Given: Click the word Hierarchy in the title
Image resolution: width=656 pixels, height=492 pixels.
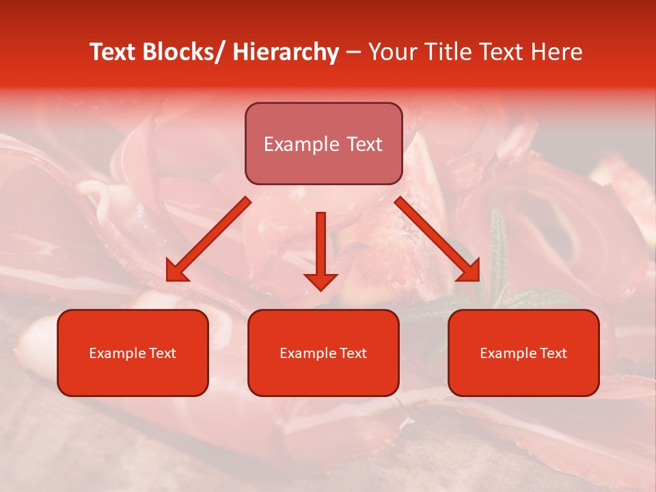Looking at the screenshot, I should pos(286,53).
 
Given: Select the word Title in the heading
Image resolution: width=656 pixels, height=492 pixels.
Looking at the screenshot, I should pos(443,53).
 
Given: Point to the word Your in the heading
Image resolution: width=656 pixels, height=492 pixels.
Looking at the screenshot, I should pos(393,53).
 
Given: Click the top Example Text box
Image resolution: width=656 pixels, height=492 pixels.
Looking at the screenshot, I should pos(323,144).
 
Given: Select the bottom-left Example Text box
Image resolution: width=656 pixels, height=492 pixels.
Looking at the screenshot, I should pos(133,353).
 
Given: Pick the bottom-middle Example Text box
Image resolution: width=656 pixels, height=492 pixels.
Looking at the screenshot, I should pos(323,353).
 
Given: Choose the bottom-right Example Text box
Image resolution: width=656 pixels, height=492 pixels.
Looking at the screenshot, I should pos(523,353).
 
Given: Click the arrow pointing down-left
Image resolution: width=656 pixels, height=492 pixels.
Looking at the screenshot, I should pos(208,239).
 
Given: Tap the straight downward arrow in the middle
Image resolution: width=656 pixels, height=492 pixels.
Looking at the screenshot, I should pos(320,249).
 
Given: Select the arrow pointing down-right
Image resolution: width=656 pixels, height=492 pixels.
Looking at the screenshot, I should pos(437,239).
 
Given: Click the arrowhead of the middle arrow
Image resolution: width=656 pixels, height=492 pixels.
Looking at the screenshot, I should pos(320,280).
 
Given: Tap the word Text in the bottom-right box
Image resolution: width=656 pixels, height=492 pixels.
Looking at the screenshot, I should pos(553,353).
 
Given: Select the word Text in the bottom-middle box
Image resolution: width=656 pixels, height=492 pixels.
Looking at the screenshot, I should pos(353,353).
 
